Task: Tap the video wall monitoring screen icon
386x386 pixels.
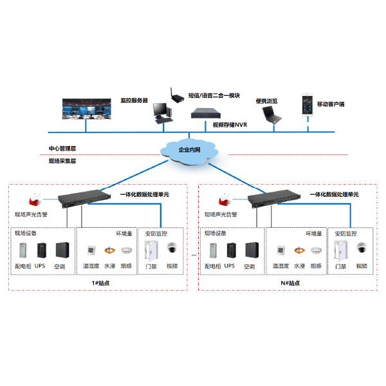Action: coord(86,109)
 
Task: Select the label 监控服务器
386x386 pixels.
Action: coord(134,101)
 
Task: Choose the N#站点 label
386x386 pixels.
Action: coord(289,282)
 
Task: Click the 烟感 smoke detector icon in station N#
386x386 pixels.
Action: coord(316,250)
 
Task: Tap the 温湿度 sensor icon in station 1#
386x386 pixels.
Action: coord(89,250)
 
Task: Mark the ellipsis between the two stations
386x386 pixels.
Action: coord(194,255)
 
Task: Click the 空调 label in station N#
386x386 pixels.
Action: coord(250,266)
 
